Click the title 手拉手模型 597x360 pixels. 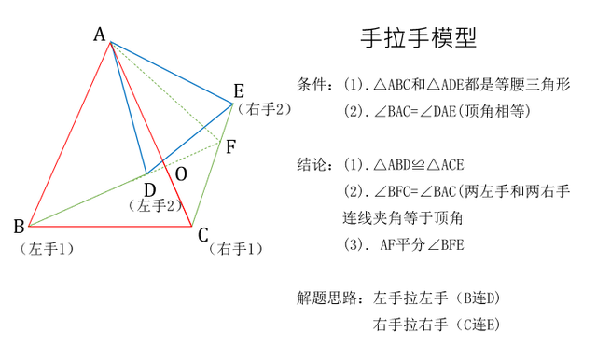(x=418, y=38)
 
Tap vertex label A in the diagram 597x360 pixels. (x=100, y=35)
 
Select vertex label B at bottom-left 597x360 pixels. (x=19, y=226)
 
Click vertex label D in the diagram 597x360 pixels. (x=149, y=188)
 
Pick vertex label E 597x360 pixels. (x=239, y=90)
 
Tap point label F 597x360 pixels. (x=230, y=146)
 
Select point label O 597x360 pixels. (x=181, y=174)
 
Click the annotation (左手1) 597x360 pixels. (x=46, y=249)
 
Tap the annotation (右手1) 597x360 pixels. (x=237, y=249)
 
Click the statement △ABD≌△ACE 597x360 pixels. (x=418, y=165)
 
